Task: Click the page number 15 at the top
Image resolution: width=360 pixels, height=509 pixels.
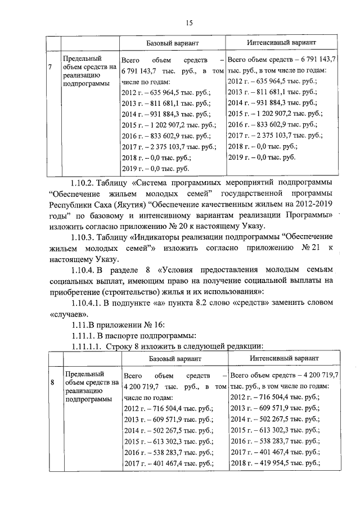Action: pos(189,22)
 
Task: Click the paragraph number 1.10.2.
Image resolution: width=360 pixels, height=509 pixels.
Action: pos(82,183)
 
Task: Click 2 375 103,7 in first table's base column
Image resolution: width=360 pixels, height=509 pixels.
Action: pos(171,146)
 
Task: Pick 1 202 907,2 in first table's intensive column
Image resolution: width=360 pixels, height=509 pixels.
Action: pos(276,113)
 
